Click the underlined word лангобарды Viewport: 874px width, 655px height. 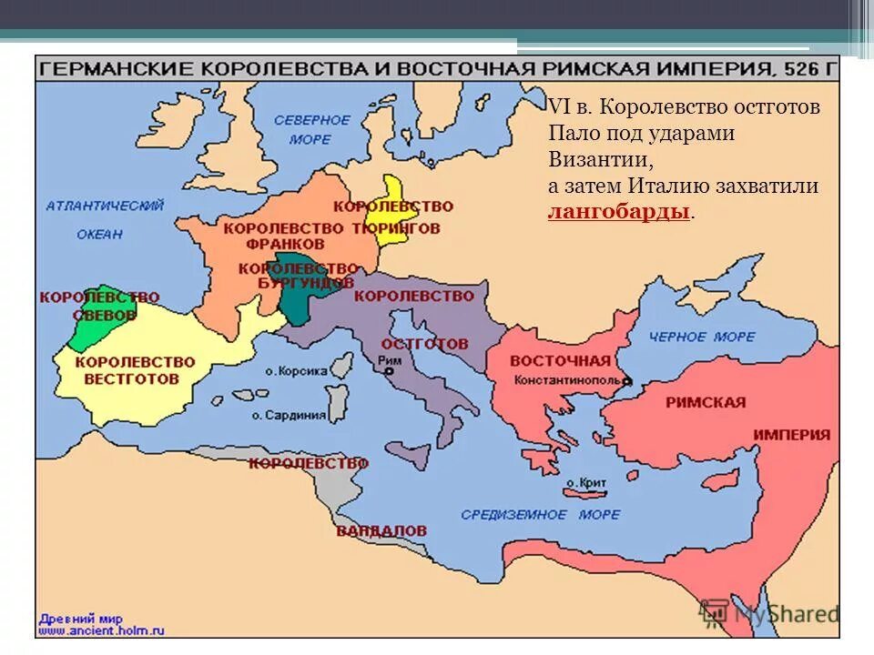pos(618,213)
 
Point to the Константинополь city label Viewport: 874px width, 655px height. pos(566,380)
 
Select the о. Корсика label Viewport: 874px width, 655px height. pos(296,371)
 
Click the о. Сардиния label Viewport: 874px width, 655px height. pos(289,415)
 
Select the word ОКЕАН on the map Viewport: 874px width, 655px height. pos(99,234)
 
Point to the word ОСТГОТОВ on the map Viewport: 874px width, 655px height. pos(424,344)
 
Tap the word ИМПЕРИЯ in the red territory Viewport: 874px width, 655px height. pos(791,435)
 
